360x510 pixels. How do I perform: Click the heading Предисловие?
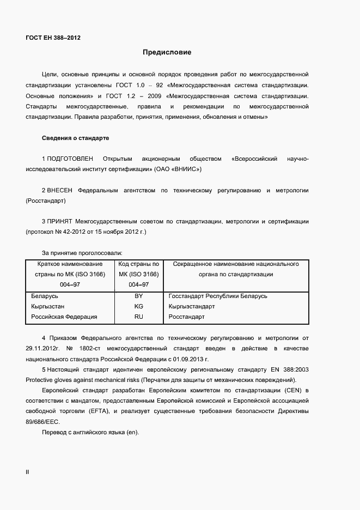pyautogui.click(x=167, y=53)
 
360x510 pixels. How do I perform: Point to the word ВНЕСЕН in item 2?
pyautogui.click(x=60, y=190)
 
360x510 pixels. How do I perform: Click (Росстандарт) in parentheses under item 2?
pyautogui.click(x=46, y=201)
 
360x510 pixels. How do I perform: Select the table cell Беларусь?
pyautogui.click(x=45, y=296)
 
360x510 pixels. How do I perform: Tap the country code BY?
pyautogui.click(x=138, y=296)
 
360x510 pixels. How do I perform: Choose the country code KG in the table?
pyautogui.click(x=138, y=306)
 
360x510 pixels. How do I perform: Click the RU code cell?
pyautogui.click(x=138, y=317)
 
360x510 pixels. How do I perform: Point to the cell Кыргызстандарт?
pyautogui.click(x=192, y=306)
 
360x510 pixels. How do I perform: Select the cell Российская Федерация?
pyautogui.click(x=64, y=317)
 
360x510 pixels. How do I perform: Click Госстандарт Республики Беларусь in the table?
pyautogui.click(x=218, y=296)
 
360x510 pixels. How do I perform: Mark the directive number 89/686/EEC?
pyautogui.click(x=44, y=421)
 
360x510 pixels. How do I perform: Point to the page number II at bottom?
pyautogui.click(x=27, y=472)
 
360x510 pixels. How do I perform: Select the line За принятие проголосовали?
pyautogui.click(x=82, y=253)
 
